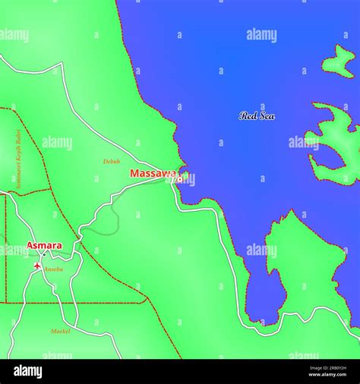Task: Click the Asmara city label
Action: [44, 245]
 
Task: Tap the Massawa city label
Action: [155, 174]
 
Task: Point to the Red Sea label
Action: [257, 115]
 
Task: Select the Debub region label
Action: [112, 161]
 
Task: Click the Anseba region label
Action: [53, 269]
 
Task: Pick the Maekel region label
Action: [61, 331]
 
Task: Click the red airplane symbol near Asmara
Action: [38, 266]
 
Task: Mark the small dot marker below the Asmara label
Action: [44, 254]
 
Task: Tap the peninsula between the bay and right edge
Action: [304, 258]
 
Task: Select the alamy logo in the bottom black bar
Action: [180, 371]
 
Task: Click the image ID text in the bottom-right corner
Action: [327, 371]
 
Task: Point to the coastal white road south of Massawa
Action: [228, 250]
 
